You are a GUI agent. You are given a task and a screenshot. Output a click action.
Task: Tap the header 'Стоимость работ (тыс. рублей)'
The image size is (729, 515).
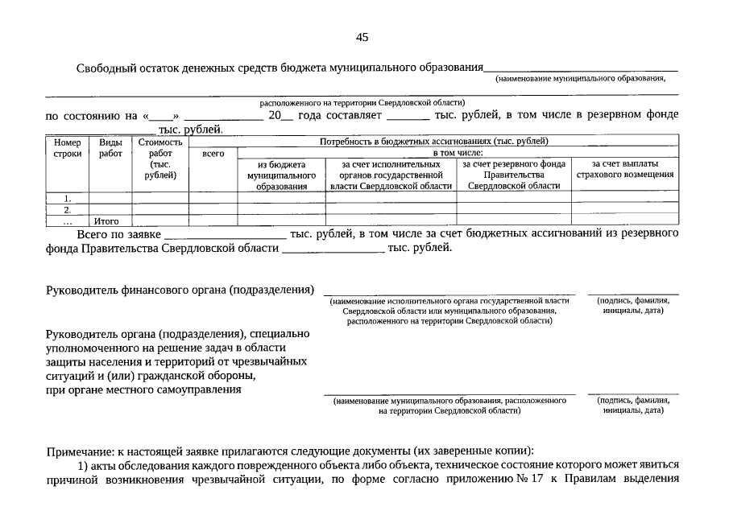160,159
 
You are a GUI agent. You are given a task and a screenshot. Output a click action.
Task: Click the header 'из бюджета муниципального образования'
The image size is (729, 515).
281,175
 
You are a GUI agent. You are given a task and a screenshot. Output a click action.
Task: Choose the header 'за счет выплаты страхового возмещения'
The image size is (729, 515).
625,169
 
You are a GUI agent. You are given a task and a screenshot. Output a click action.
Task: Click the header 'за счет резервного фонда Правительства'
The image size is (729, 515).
514,175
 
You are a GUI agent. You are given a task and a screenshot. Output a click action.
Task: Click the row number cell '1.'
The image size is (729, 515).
68,197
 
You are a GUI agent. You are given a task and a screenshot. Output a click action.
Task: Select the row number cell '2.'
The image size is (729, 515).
68,209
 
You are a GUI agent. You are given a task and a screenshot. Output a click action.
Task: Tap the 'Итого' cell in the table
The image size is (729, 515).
106,220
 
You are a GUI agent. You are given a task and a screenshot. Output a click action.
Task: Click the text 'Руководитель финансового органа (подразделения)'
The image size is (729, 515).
180,290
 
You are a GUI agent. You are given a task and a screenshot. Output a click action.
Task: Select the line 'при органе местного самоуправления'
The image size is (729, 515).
143,390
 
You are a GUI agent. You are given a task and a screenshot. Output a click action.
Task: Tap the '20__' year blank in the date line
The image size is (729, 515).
280,115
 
